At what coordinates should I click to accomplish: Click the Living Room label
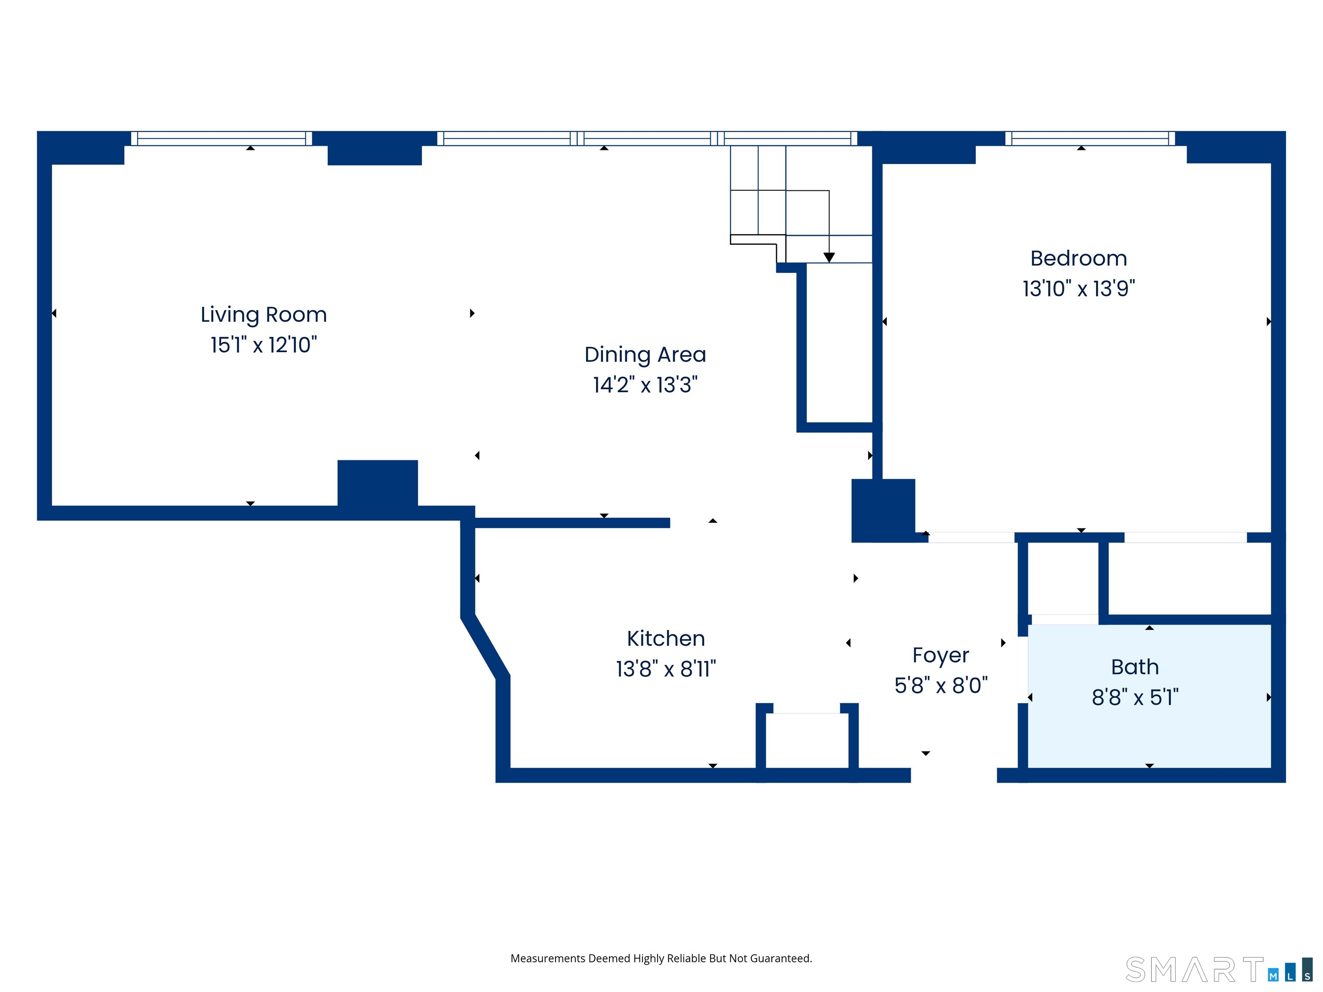click(264, 315)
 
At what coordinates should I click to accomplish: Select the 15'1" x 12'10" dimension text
click(264, 345)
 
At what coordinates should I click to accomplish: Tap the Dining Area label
click(646, 355)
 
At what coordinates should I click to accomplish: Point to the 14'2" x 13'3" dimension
click(646, 384)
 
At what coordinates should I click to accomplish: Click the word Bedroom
click(1078, 258)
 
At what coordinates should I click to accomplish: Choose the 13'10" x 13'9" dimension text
click(1078, 288)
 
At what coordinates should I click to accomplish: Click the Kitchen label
click(666, 639)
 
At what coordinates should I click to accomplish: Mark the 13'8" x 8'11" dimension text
click(666, 669)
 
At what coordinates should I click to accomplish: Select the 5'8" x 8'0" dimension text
click(941, 685)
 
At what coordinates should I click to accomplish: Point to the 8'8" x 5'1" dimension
click(1135, 697)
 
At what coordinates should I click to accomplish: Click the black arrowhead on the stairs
click(829, 257)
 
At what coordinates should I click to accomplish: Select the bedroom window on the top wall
click(1090, 138)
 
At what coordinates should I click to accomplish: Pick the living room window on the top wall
click(221, 138)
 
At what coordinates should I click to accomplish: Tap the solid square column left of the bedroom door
click(883, 511)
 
